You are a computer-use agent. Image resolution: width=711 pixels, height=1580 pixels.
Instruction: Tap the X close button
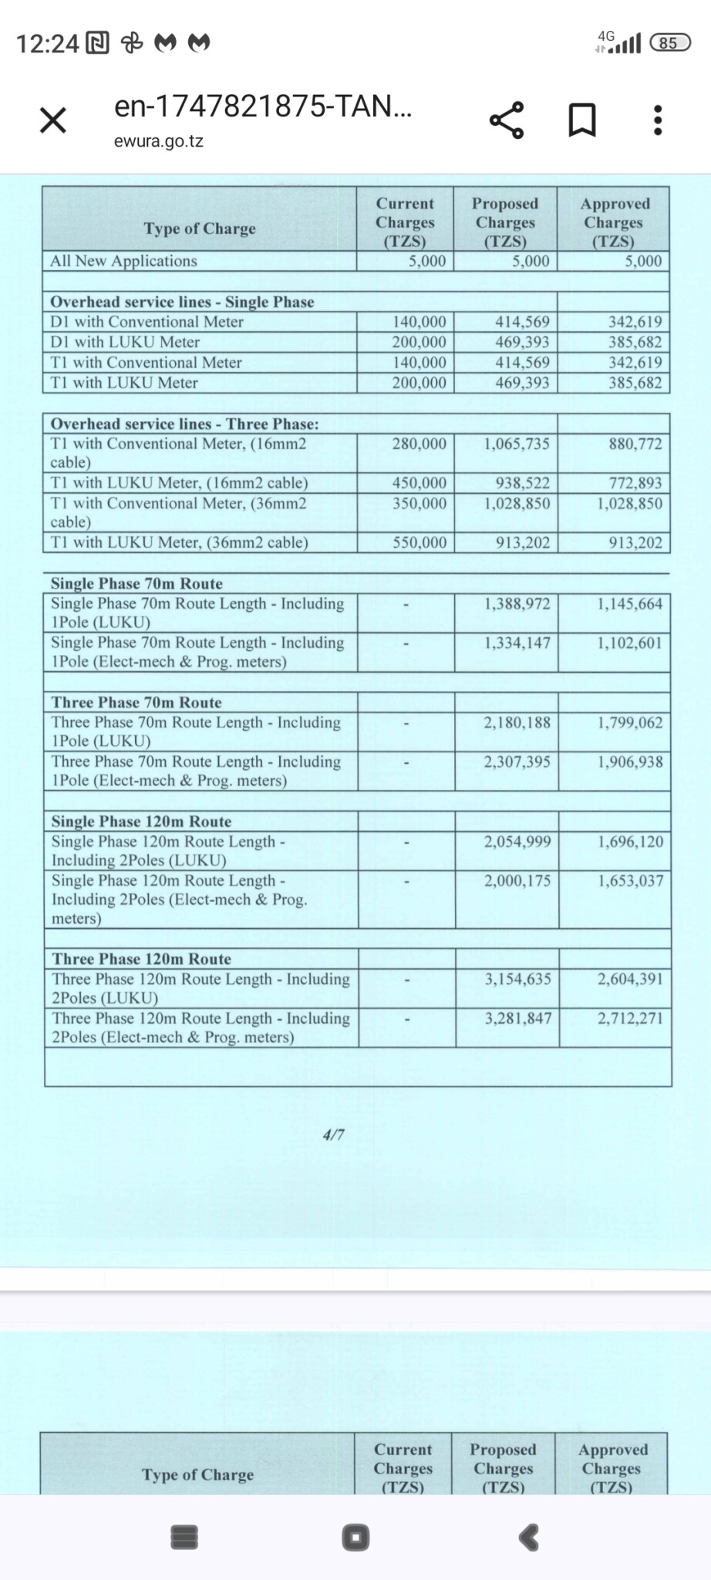click(x=53, y=120)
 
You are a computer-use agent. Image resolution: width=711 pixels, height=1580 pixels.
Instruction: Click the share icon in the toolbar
click(x=507, y=120)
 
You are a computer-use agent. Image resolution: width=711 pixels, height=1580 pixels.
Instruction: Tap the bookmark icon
click(x=582, y=120)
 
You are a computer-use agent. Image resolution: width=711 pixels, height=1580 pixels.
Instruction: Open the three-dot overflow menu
click(x=657, y=120)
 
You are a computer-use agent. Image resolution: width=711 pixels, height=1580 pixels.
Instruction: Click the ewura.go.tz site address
click(x=159, y=141)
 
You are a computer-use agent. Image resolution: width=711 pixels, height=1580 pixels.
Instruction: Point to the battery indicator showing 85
click(x=669, y=42)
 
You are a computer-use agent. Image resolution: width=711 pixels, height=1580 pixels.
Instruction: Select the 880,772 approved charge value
click(x=635, y=444)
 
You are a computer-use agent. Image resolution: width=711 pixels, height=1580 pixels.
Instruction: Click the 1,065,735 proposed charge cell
click(x=517, y=444)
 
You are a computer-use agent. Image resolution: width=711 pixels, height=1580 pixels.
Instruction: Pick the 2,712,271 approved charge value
click(x=630, y=1018)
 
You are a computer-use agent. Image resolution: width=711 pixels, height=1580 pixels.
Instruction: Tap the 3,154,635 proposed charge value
click(x=517, y=979)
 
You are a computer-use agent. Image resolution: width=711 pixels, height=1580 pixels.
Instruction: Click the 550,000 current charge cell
click(x=420, y=542)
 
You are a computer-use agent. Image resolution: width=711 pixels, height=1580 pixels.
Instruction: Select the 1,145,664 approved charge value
click(x=629, y=603)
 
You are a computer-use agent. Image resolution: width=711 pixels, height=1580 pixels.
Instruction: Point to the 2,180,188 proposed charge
click(x=517, y=722)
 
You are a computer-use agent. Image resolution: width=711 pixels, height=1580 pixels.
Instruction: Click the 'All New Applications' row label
click(x=123, y=261)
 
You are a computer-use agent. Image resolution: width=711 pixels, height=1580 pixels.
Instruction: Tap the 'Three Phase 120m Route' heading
click(x=142, y=959)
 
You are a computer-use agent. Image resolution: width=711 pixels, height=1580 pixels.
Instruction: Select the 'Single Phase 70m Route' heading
click(x=136, y=583)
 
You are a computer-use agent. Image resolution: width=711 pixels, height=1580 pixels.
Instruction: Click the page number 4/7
click(x=333, y=1135)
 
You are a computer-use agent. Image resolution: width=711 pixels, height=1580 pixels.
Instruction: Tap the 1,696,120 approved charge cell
click(x=630, y=842)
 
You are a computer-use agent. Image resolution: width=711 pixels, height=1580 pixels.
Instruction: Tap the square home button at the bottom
click(x=355, y=1538)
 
